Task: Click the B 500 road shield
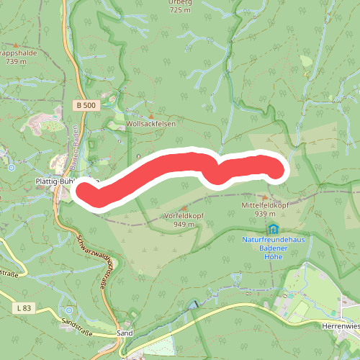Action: [x=85, y=105]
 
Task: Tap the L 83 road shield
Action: [x=23, y=308]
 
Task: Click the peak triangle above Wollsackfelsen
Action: [x=151, y=115]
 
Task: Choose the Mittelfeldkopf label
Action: [x=266, y=205]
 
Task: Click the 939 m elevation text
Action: [x=265, y=214]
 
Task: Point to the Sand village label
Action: [x=125, y=334]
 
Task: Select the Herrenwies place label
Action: [x=340, y=325]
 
